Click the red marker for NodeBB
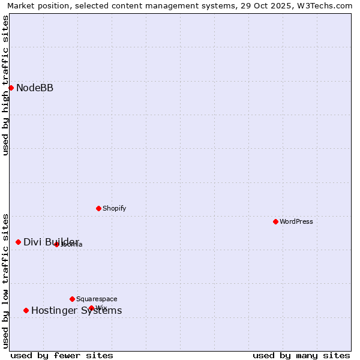pyautogui.click(x=11, y=88)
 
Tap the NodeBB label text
pyautogui.click(x=35, y=88)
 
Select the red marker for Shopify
pyautogui.click(x=98, y=208)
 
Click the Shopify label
pyautogui.click(x=114, y=209)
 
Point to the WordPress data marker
pyautogui.click(x=275, y=221)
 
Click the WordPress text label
pyautogui.click(x=296, y=221)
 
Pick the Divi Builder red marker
pyautogui.click(x=18, y=242)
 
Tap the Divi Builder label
pyautogui.click(x=51, y=242)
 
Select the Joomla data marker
pyautogui.click(x=56, y=244)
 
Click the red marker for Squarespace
pyautogui.click(x=72, y=299)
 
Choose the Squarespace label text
pyautogui.click(x=97, y=299)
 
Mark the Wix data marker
pyautogui.click(x=91, y=308)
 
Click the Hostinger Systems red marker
pyautogui.click(x=26, y=310)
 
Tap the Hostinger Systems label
pyautogui.click(x=76, y=310)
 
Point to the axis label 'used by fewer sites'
pyautogui.click(x=62, y=355)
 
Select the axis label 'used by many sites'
pyautogui.click(x=301, y=355)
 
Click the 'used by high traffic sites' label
pyautogui.click(x=5, y=85)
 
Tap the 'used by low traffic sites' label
pyautogui.click(x=5, y=280)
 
